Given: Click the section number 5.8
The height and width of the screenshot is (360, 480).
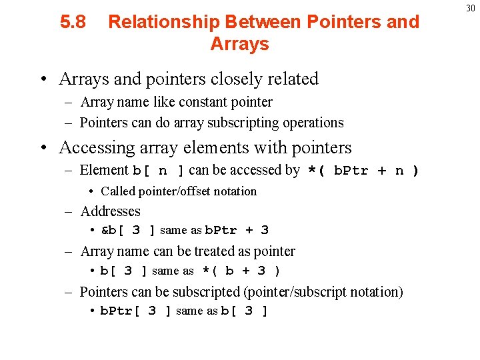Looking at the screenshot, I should coord(73,22).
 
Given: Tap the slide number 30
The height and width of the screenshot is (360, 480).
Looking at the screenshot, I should coord(470,8).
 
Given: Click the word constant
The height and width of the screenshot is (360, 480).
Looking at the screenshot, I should coord(195,103).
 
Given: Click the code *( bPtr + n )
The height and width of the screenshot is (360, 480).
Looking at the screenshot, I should coord(363,171).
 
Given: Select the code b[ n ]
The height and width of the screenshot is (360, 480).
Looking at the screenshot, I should coord(159,171).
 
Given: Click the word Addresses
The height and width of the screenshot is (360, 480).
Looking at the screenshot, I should coord(110,211).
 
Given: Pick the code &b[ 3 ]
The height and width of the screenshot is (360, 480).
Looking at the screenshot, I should coord(128,231).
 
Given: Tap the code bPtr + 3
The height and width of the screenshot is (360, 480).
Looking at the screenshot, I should coord(236,231).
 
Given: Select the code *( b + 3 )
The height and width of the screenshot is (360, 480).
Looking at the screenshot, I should coord(241,271).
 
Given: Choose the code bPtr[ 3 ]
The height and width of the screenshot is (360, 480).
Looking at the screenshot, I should coord(136,311).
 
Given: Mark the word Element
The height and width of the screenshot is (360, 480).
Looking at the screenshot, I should coord(104,171).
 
